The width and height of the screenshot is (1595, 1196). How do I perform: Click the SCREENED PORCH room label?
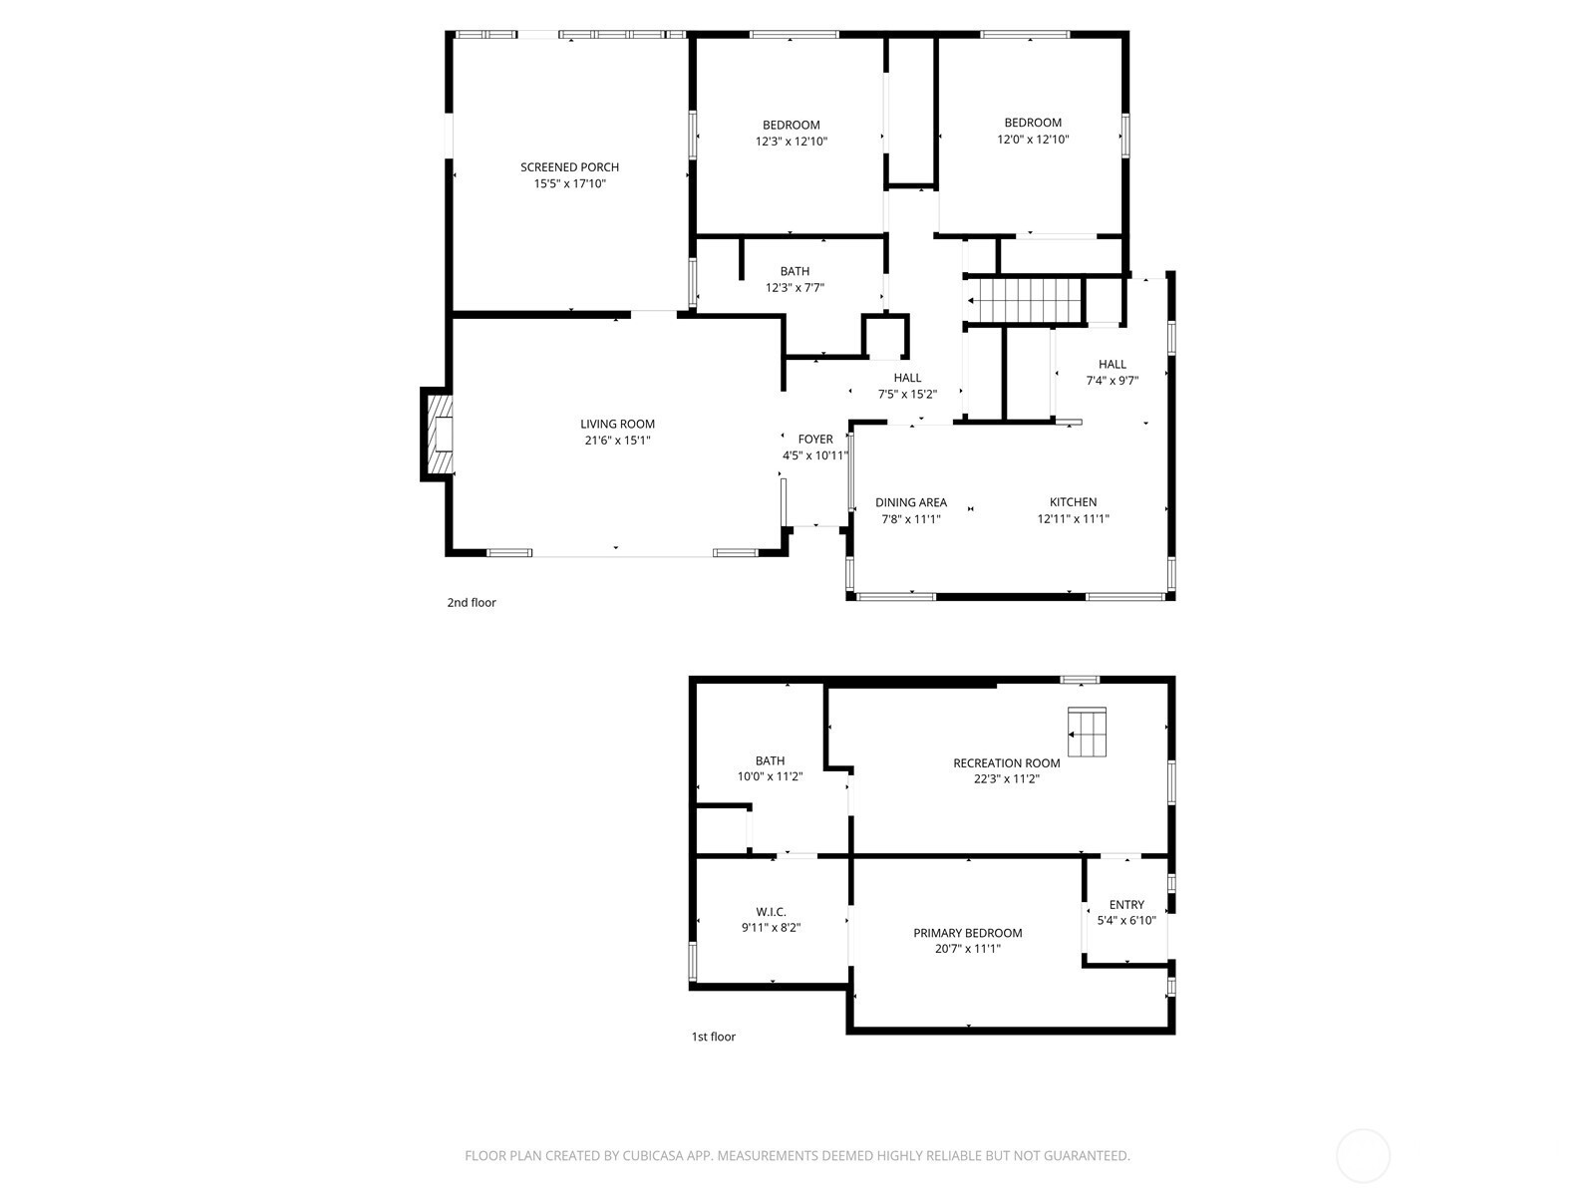point(569,167)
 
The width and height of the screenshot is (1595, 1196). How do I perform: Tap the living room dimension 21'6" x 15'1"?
point(617,441)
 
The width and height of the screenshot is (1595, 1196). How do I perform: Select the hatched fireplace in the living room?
point(440,435)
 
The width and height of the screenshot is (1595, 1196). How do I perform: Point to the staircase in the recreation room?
point(1087,732)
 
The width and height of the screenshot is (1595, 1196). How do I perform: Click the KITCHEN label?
point(1073,501)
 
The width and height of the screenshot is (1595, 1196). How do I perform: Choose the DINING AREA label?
point(910,502)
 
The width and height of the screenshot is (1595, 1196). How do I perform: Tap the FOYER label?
point(815,440)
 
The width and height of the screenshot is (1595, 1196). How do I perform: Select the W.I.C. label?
point(771,912)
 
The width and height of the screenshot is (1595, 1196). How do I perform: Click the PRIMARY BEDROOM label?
point(967,933)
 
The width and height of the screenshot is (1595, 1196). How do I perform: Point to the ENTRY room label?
point(1126,905)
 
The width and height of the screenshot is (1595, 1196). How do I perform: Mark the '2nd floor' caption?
point(471,603)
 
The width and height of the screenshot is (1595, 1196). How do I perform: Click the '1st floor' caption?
point(713,1037)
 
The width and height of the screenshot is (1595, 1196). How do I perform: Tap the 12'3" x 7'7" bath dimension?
point(795,288)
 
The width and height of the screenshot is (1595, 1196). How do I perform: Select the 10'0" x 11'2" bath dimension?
point(770,777)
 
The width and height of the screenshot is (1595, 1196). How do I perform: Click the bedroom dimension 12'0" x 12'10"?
point(1033,140)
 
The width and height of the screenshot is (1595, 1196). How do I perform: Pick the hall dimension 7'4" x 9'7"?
point(1112,381)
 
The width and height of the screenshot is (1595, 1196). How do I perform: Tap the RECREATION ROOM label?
point(1007,763)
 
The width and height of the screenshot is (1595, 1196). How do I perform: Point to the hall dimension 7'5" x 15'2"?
point(907,395)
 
